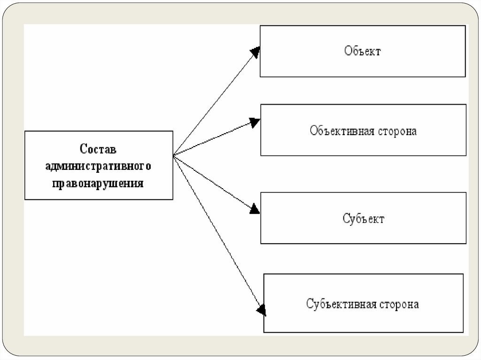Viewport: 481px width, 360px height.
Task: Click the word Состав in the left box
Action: click(98, 149)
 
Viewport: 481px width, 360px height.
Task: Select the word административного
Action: click(98, 166)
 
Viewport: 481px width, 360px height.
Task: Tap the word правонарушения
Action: click(98, 183)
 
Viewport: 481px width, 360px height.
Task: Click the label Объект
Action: click(362, 51)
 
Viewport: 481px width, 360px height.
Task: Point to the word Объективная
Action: click(341, 130)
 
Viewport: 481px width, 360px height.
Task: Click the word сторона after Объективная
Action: click(397, 130)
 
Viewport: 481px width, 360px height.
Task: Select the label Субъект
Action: click(363, 219)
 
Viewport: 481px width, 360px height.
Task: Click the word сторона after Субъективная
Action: click(399, 304)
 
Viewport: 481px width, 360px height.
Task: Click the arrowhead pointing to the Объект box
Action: click(256, 51)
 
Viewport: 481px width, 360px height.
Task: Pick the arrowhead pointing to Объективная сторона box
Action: click(255, 123)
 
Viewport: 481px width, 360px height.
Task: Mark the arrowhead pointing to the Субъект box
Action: click(255, 209)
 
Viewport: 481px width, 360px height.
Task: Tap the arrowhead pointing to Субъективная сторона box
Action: click(261, 309)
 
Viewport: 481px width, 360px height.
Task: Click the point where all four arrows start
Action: click(174, 155)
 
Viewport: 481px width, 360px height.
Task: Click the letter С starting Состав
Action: click(84, 149)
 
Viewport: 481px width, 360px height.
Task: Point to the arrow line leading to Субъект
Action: click(214, 182)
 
